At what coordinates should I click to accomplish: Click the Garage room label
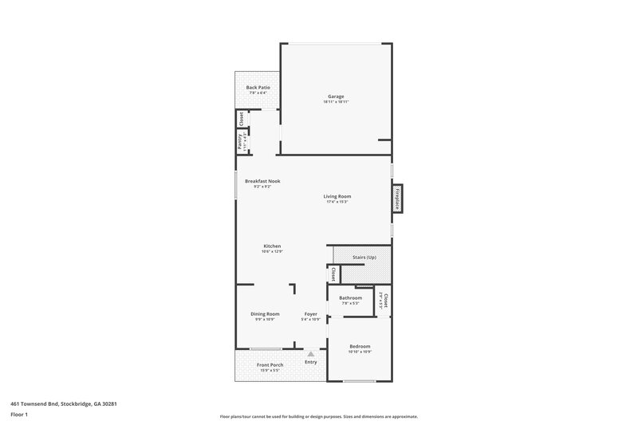pyautogui.click(x=336, y=96)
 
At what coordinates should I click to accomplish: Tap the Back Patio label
pyautogui.click(x=258, y=87)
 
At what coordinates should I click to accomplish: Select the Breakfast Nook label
pyautogui.click(x=262, y=181)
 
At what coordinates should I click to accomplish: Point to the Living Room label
pyautogui.click(x=337, y=196)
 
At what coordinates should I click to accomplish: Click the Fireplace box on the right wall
pyautogui.click(x=396, y=198)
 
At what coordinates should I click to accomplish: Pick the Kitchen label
pyautogui.click(x=272, y=246)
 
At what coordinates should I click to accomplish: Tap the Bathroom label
pyautogui.click(x=351, y=297)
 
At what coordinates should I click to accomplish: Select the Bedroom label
pyautogui.click(x=360, y=346)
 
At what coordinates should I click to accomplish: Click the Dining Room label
pyautogui.click(x=265, y=314)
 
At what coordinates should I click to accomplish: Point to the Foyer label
pyautogui.click(x=311, y=314)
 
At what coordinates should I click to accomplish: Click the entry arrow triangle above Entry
pyautogui.click(x=311, y=354)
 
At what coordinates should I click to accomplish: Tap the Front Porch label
pyautogui.click(x=270, y=365)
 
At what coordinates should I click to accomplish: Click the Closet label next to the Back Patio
pyautogui.click(x=240, y=119)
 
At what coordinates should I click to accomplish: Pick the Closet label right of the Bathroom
pyautogui.click(x=384, y=301)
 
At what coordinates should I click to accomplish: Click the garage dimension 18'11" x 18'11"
pyautogui.click(x=336, y=102)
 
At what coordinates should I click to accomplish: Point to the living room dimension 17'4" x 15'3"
pyautogui.click(x=337, y=202)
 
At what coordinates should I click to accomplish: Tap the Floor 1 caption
pyautogui.click(x=19, y=415)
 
